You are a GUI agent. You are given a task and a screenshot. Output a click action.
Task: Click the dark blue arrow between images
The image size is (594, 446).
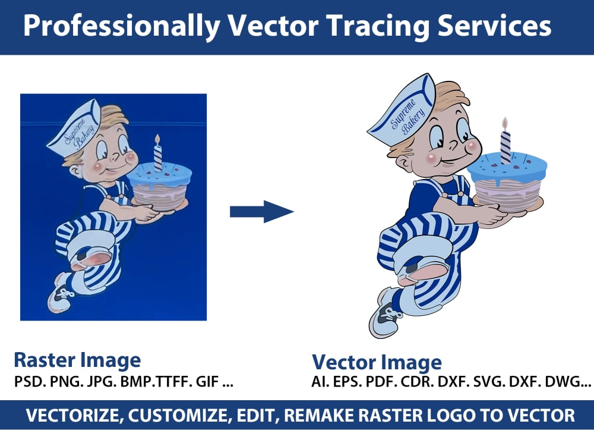tap(262, 211)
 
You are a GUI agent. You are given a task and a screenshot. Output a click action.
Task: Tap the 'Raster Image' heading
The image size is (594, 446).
tap(77, 360)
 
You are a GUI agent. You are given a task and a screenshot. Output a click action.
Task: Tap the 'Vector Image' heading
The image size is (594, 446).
tap(377, 362)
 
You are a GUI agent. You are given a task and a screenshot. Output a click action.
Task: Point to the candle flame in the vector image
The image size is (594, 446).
tap(505, 123)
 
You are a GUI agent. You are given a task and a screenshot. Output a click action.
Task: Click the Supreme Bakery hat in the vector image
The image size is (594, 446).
tap(404, 116)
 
